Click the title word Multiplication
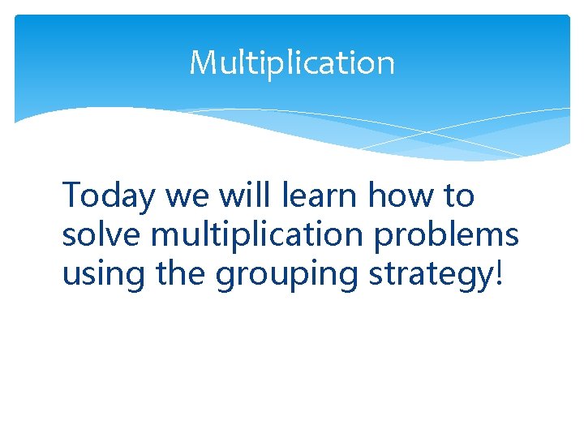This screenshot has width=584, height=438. pos(292,62)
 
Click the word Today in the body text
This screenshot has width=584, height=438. pos(109,196)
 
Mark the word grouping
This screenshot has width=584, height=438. pos(288,274)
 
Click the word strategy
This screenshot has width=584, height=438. pos(430,274)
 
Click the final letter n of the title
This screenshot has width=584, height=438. pos(386,65)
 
